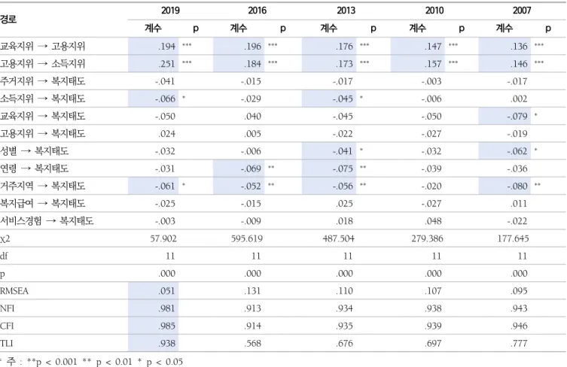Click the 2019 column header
click(x=170, y=10)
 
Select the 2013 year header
click(x=346, y=10)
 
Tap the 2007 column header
click(x=522, y=10)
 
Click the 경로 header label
click(x=8, y=19)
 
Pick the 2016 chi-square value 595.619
click(x=247, y=238)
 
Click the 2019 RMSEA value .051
click(x=166, y=291)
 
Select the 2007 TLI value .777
click(x=519, y=343)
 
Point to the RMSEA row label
click(x=14, y=291)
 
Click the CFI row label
click(x=7, y=326)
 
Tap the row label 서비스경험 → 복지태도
click(x=47, y=220)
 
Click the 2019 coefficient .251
click(x=166, y=64)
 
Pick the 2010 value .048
click(x=433, y=221)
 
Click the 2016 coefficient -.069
click(x=251, y=168)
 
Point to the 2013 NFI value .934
click(x=344, y=308)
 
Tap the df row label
click(x=4, y=256)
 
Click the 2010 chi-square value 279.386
click(x=427, y=238)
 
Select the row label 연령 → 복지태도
click(x=35, y=168)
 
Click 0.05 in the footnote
click(x=174, y=362)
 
